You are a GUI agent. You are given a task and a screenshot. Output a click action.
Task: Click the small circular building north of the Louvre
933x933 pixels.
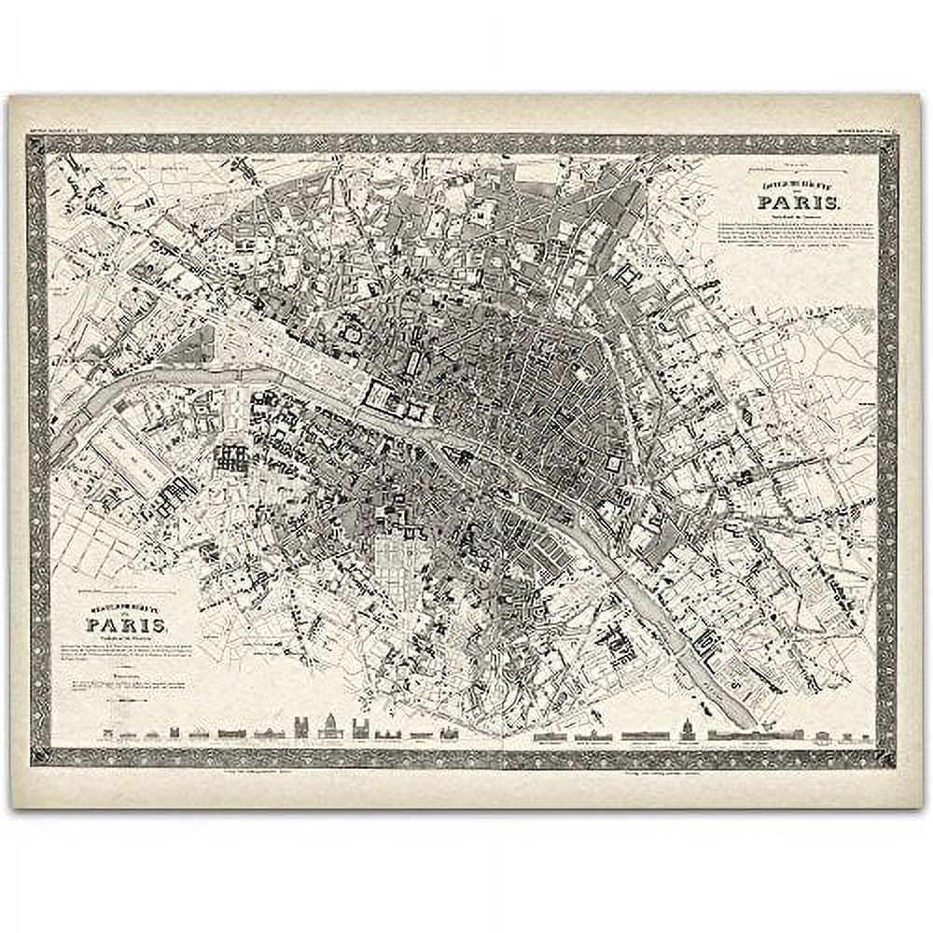click(x=351, y=333)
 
